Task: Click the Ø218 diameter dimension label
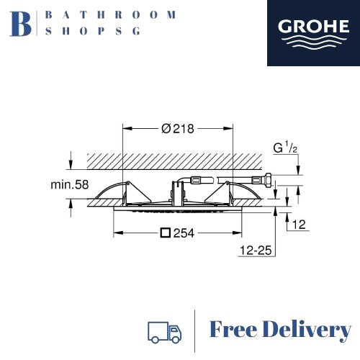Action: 179,128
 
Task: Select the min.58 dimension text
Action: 70,185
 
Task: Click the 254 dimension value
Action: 186,233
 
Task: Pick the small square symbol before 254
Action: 166,233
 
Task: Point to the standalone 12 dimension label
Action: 300,225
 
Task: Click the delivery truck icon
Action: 163,330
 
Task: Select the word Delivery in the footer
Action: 307,330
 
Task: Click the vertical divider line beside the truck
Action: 195,330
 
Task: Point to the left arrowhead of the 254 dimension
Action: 117,233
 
